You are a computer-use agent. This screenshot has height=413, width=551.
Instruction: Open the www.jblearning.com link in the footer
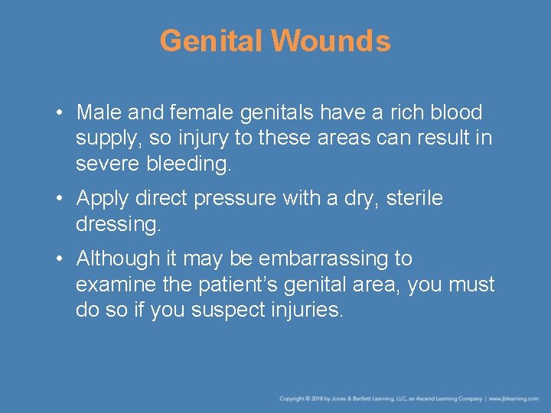click(515, 398)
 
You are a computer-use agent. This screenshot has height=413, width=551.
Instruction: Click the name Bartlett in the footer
click(365, 398)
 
